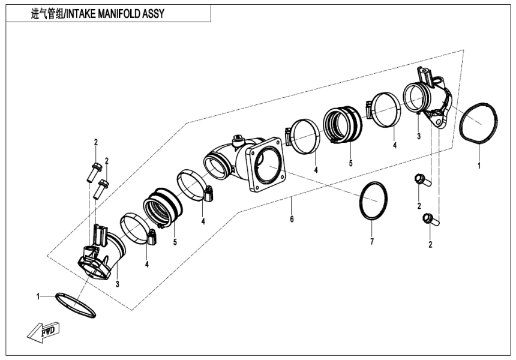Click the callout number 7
point(371,241)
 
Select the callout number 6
point(292,220)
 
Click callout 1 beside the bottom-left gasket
point(38,296)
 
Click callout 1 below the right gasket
point(479,164)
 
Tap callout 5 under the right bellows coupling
point(351,163)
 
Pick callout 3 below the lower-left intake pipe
point(117,283)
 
